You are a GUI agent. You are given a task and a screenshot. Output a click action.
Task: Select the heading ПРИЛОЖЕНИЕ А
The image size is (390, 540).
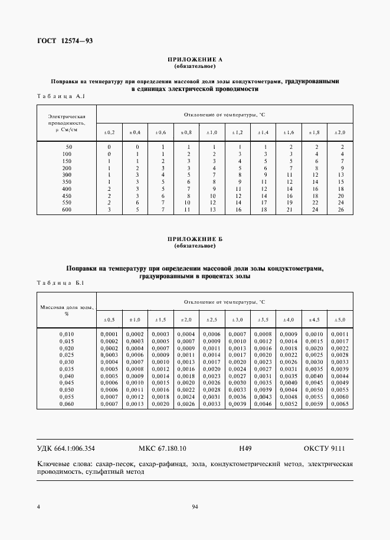coord(195,60)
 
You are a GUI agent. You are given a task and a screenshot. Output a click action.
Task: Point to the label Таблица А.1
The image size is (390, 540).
coord(63,95)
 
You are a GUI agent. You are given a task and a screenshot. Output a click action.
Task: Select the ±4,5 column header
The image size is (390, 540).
coord(314,320)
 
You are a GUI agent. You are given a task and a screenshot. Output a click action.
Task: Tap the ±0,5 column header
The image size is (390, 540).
coord(110,320)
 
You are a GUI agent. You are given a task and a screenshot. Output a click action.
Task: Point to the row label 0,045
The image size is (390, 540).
coord(67,383)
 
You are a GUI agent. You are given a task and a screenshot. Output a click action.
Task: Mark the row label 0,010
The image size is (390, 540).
coord(67,334)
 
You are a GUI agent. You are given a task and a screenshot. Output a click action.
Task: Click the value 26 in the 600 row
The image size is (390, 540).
coord(339,210)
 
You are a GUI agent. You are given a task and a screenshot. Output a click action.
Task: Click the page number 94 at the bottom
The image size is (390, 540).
coord(195,507)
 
